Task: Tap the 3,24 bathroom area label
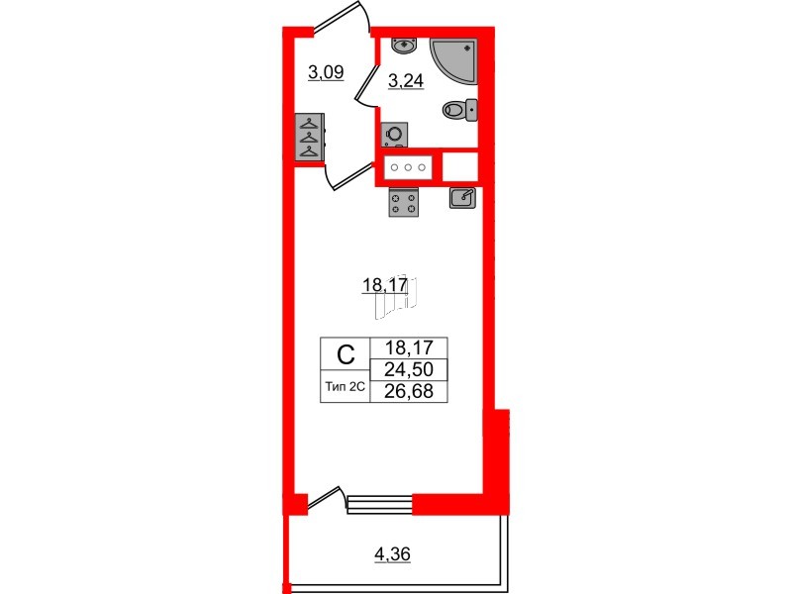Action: coord(406,82)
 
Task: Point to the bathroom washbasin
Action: coord(403,45)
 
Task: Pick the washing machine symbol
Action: coord(394,135)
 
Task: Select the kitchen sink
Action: coord(462,198)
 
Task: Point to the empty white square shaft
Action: coord(460,167)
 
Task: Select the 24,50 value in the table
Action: coord(408,370)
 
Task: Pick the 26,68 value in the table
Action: coord(408,391)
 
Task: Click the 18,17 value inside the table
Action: coord(408,348)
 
